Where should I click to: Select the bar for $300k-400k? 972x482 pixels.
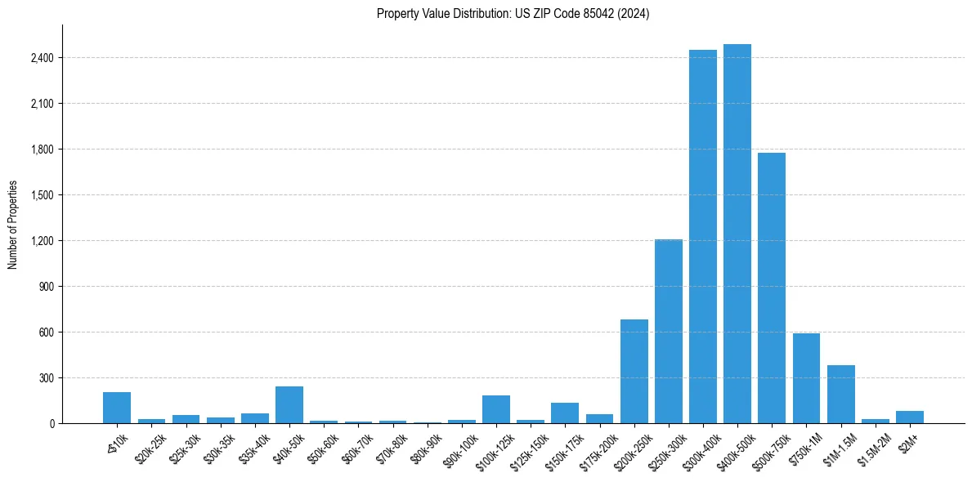pos(702,237)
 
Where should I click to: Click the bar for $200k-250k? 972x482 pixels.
pos(634,372)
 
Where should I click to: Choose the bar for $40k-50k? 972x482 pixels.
pos(289,405)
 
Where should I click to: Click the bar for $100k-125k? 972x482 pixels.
pos(496,409)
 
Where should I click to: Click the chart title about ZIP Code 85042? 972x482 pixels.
pos(513,14)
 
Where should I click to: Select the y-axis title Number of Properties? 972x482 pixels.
pos(13,224)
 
